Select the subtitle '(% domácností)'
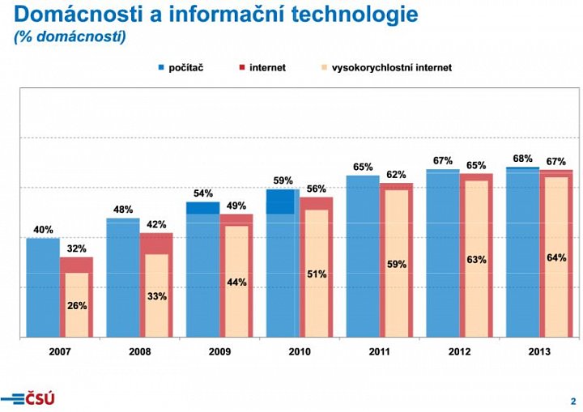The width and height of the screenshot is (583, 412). (70, 37)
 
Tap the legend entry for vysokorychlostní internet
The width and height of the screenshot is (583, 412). (385, 68)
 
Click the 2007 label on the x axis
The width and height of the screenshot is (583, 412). (60, 352)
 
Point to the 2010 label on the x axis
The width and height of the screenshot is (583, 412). (300, 352)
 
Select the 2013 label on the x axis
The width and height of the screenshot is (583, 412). (539, 352)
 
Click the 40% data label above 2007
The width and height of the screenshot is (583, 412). (43, 230)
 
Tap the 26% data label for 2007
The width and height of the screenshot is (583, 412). (77, 306)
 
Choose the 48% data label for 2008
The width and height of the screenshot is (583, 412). (123, 210)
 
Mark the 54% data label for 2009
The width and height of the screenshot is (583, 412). (202, 193)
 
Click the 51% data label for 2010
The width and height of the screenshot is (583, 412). (317, 274)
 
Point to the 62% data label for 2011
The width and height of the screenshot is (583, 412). (396, 174)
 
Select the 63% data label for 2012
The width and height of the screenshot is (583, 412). (476, 260)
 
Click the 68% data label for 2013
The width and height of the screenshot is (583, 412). (522, 159)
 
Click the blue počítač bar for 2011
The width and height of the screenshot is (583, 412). (362, 259)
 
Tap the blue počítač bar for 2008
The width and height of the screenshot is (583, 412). (122, 279)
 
